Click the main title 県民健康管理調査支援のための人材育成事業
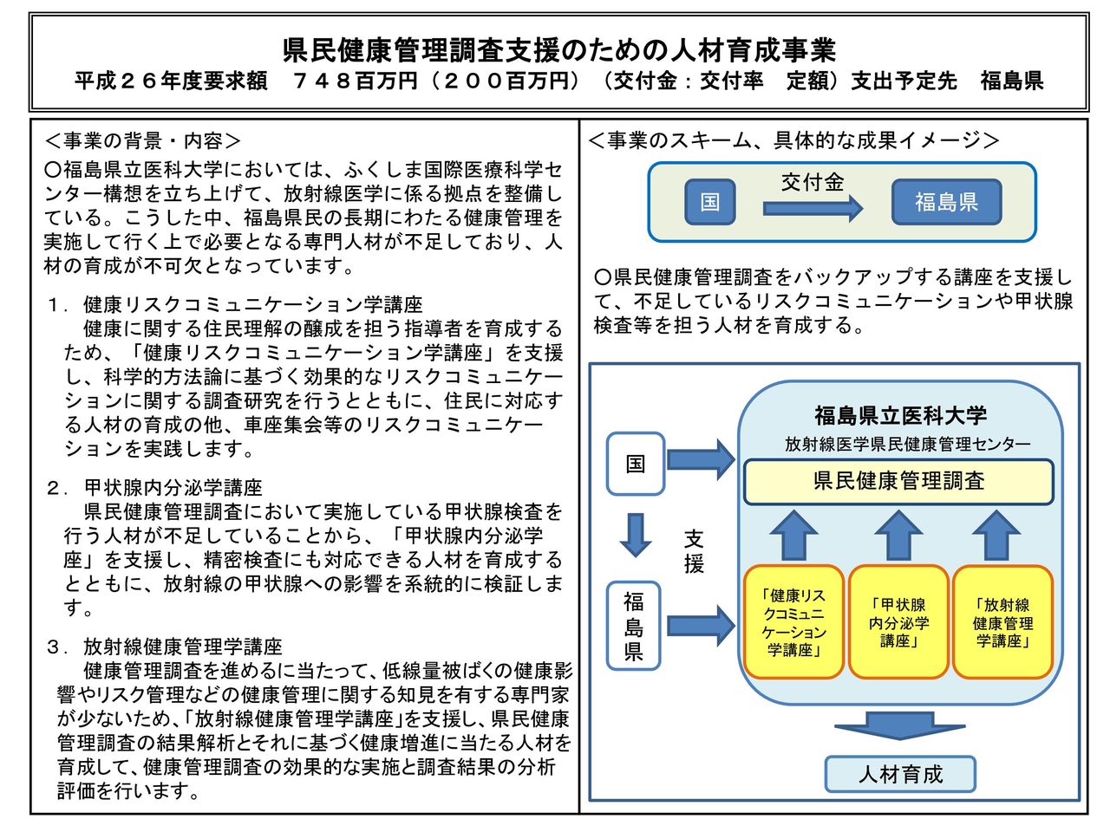(558, 50)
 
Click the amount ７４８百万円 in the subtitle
(355, 81)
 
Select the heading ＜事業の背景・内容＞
(142, 141)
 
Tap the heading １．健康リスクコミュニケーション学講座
(235, 304)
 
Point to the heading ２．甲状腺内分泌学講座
(154, 487)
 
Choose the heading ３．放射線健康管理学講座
(165, 647)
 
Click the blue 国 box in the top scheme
(709, 202)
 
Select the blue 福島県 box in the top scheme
(946, 202)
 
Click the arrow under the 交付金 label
(813, 208)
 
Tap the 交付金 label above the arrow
(813, 182)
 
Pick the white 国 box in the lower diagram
(635, 463)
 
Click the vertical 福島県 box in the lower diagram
(633, 627)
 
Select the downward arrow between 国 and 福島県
(635, 535)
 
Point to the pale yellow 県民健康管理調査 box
(898, 481)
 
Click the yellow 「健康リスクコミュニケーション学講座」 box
(793, 622)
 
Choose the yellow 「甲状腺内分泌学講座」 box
(898, 622)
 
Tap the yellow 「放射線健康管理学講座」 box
(1002, 622)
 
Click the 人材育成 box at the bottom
(900, 774)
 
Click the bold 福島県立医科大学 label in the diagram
(900, 416)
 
